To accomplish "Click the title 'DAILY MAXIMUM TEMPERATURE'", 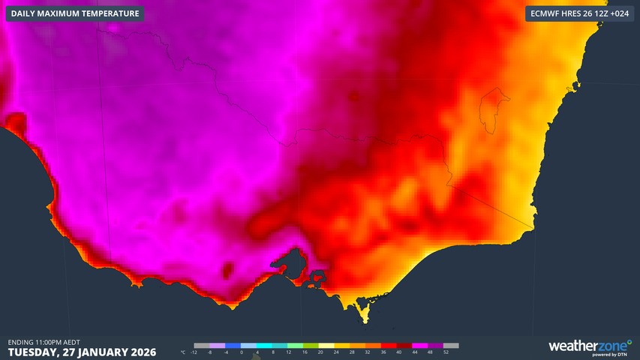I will [x=75, y=13].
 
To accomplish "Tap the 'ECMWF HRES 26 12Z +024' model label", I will [x=578, y=13].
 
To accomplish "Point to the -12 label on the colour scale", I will [x=194, y=352].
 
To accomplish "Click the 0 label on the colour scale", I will [x=242, y=352].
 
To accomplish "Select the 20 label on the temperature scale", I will [x=320, y=352].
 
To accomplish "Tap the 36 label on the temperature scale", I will [x=383, y=352].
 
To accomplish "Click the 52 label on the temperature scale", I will [x=446, y=352].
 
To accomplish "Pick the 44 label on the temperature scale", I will [x=414, y=352].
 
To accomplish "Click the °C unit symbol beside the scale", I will [x=184, y=352].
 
